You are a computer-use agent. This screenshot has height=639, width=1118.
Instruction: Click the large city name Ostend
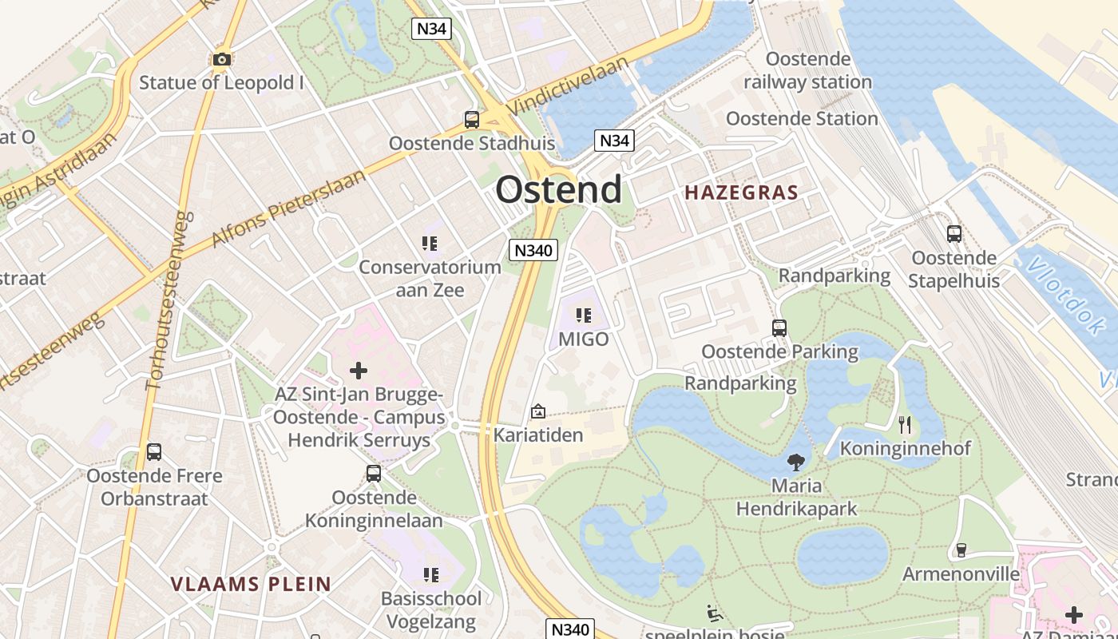click(558, 189)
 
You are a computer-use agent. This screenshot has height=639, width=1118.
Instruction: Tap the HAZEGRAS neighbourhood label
click(741, 192)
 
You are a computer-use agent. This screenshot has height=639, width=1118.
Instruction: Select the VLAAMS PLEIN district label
click(251, 584)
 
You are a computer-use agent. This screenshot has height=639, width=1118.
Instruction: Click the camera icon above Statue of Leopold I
click(222, 59)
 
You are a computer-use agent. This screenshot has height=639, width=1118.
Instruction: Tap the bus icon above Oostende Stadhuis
click(472, 120)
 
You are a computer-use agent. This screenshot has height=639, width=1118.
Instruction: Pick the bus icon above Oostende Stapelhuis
click(953, 234)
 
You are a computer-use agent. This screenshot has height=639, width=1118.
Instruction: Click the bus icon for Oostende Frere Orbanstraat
click(154, 452)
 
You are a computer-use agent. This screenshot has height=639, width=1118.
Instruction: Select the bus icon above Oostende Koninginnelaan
click(374, 474)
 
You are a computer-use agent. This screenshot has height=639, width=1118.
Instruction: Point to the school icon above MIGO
click(584, 315)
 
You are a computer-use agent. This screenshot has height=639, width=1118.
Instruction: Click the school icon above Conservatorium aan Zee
click(430, 243)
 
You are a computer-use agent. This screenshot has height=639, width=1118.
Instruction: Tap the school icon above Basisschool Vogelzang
click(431, 575)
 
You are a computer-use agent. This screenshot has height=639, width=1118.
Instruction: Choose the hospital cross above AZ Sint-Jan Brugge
click(359, 371)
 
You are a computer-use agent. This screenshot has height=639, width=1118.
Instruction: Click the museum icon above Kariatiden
click(538, 412)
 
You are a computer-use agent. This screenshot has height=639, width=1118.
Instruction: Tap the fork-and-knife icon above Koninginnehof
click(904, 424)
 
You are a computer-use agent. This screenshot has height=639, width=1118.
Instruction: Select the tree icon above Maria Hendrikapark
click(795, 461)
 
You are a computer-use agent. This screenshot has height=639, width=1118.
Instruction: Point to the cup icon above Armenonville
click(961, 550)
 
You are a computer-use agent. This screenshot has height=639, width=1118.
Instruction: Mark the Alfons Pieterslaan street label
click(287, 207)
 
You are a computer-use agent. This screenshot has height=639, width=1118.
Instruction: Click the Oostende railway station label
click(807, 70)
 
